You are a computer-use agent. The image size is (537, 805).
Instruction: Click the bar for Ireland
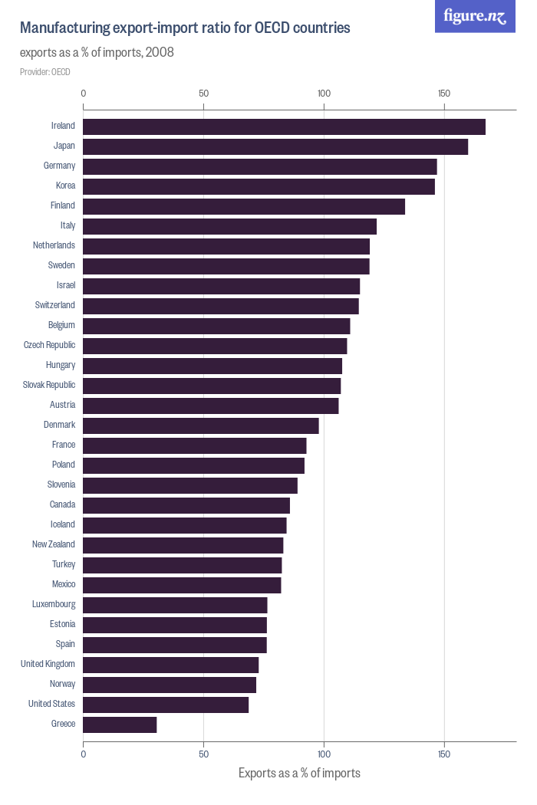pyautogui.click(x=284, y=127)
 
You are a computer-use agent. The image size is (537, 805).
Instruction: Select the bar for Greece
pyautogui.click(x=120, y=724)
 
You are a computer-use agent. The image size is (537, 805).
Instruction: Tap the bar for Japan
pyautogui.click(x=275, y=146)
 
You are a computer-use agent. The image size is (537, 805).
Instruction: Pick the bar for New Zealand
pyautogui.click(x=183, y=545)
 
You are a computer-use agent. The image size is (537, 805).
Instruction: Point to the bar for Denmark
pyautogui.click(x=201, y=426)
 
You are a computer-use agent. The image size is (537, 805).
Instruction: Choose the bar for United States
pyautogui.click(x=166, y=705)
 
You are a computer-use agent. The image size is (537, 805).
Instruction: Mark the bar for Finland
pyautogui.click(x=244, y=206)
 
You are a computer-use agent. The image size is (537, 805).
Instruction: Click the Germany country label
pyautogui.click(x=59, y=166)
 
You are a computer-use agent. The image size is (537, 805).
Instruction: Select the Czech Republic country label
pyautogui.click(x=49, y=345)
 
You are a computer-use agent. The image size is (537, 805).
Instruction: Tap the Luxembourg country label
pyautogui.click(x=54, y=604)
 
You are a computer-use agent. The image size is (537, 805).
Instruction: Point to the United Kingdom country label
pyautogui.click(x=48, y=664)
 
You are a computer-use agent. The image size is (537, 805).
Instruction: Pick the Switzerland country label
pyautogui.click(x=55, y=305)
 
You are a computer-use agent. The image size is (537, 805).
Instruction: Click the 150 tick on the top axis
pyautogui.click(x=443, y=94)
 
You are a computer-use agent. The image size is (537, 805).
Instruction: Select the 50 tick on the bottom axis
pyautogui.click(x=203, y=754)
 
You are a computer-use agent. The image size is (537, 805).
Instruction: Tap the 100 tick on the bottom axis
pyautogui.click(x=324, y=754)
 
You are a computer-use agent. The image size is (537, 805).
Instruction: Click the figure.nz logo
pyautogui.click(x=476, y=16)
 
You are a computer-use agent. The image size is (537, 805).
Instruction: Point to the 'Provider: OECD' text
pyautogui.click(x=45, y=72)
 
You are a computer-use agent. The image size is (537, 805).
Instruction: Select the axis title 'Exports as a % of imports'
pyautogui.click(x=299, y=773)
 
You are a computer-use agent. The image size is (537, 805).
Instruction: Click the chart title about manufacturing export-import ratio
pyautogui.click(x=185, y=28)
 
